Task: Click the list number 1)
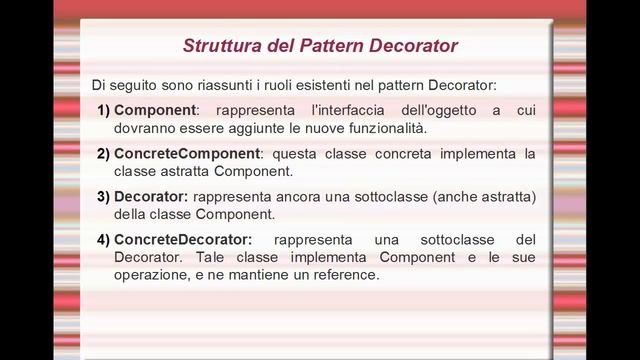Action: [x=104, y=109]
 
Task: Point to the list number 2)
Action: [x=104, y=154]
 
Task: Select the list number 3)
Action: [x=104, y=196]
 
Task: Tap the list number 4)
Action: [x=104, y=240]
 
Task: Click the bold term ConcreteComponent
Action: [x=187, y=154]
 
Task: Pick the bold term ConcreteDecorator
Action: [x=183, y=240]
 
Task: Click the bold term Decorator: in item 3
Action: [x=151, y=196]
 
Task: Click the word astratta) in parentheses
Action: [x=506, y=196]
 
